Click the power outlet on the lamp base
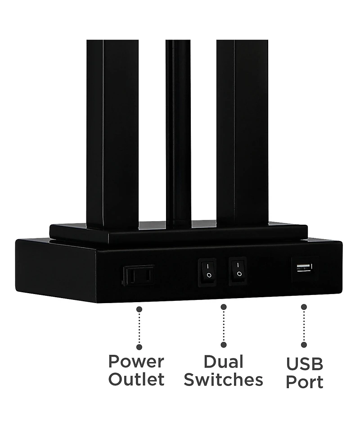click(x=139, y=275)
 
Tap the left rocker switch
click(x=207, y=272)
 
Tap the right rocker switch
click(x=238, y=271)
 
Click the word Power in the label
click(x=136, y=362)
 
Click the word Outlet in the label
click(x=136, y=379)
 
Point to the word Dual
click(x=224, y=362)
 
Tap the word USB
click(x=305, y=364)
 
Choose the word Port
click(x=305, y=382)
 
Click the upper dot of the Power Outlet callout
click(x=139, y=309)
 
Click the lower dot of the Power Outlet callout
click(x=139, y=347)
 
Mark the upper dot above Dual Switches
click(x=224, y=307)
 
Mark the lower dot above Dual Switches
click(x=224, y=345)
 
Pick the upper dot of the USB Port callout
click(x=304, y=307)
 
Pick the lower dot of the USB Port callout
click(x=304, y=345)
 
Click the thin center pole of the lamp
click(x=178, y=133)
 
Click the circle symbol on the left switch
click(x=209, y=275)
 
